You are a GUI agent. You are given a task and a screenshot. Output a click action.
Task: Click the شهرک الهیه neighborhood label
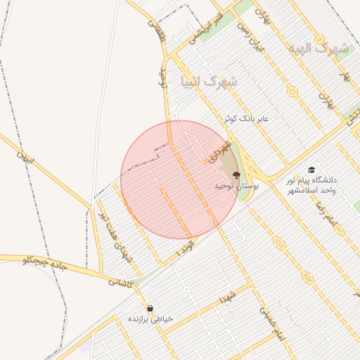318,49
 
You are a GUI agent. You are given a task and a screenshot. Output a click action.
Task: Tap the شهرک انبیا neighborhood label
209,82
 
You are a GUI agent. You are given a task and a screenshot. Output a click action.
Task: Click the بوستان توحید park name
237,185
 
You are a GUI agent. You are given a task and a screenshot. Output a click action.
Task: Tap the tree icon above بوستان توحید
236,173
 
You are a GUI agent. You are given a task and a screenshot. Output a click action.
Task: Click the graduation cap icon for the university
311,169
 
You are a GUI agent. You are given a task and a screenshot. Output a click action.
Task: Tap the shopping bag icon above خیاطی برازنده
150,308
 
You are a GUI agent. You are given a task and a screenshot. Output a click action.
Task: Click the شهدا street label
228,296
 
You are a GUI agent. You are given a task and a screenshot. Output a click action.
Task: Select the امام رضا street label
328,214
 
